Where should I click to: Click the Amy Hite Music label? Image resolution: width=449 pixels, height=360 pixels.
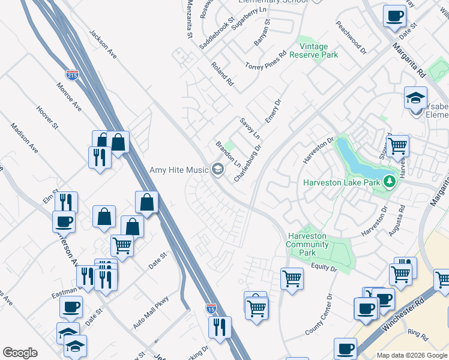(x=178, y=170)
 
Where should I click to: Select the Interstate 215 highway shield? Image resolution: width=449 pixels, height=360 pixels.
(x=72, y=75)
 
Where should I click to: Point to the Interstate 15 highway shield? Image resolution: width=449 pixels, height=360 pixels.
(x=211, y=308)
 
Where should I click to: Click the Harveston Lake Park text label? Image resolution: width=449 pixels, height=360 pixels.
(x=342, y=182)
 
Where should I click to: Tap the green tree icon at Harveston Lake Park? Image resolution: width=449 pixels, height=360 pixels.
(x=388, y=181)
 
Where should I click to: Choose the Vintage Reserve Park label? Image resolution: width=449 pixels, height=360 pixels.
(x=313, y=50)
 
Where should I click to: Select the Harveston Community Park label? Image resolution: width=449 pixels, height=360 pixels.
(x=309, y=244)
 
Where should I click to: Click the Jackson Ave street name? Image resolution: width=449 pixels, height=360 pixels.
(x=102, y=44)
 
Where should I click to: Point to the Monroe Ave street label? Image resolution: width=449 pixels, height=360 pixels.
(x=70, y=97)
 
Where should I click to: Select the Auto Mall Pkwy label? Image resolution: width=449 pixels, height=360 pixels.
(x=151, y=312)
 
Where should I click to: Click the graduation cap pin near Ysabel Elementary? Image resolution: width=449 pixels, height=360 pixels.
(x=415, y=98)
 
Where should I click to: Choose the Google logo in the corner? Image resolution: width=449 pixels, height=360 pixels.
(x=20, y=353)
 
